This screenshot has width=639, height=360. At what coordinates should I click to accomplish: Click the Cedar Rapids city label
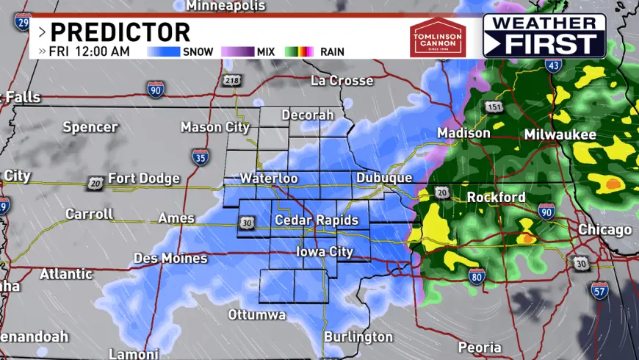pyautogui.click(x=317, y=220)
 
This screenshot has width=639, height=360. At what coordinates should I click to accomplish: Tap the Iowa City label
pyautogui.click(x=324, y=252)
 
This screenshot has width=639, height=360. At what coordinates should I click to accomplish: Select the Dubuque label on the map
pyautogui.click(x=384, y=178)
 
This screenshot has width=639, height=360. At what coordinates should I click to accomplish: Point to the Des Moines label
pyautogui.click(x=170, y=259)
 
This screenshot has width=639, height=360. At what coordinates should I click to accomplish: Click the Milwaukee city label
pyautogui.click(x=560, y=135)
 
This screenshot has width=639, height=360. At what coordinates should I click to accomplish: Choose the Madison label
pyautogui.click(x=463, y=133)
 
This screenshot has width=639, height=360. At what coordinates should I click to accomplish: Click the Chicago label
pyautogui.click(x=604, y=230)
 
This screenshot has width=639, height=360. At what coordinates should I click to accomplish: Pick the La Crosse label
pyautogui.click(x=342, y=80)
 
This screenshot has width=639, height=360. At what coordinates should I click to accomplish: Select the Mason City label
pyautogui.click(x=215, y=127)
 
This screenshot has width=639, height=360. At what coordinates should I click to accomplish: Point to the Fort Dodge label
pyautogui.click(x=143, y=179)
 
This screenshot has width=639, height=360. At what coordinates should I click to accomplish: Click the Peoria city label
pyautogui.click(x=480, y=347)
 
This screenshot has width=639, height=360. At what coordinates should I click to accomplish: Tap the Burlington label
pyautogui.click(x=358, y=337)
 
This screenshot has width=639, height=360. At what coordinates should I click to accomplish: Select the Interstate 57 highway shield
pyautogui.click(x=599, y=289)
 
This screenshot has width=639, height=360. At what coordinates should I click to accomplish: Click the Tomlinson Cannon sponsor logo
pyautogui.click(x=438, y=37)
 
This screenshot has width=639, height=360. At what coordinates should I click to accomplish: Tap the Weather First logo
pyautogui.click(x=544, y=35)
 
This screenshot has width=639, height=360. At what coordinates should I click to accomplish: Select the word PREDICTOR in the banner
pyautogui.click(x=120, y=32)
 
